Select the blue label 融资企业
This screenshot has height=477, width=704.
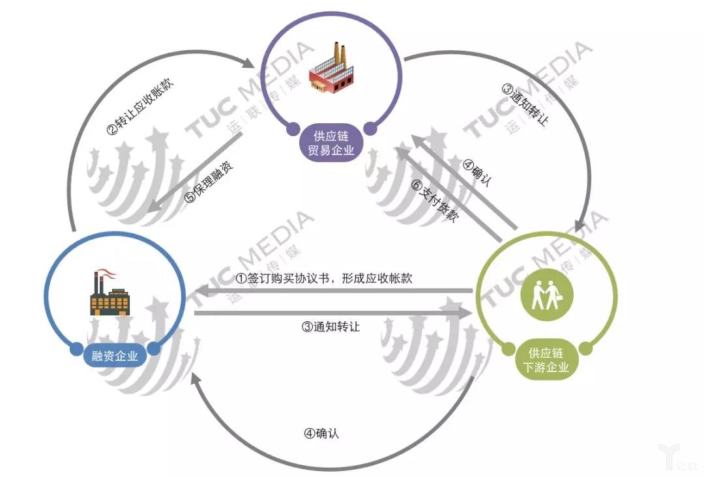[115, 356]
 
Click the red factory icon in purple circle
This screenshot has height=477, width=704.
[330, 70]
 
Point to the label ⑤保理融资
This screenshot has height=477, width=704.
[209, 180]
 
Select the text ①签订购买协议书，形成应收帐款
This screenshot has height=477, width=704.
[324, 278]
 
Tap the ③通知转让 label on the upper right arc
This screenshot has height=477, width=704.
[525, 104]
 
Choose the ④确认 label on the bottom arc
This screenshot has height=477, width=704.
[321, 433]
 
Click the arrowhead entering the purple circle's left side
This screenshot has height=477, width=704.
[251, 64]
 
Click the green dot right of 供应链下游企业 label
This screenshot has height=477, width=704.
[586, 349]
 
